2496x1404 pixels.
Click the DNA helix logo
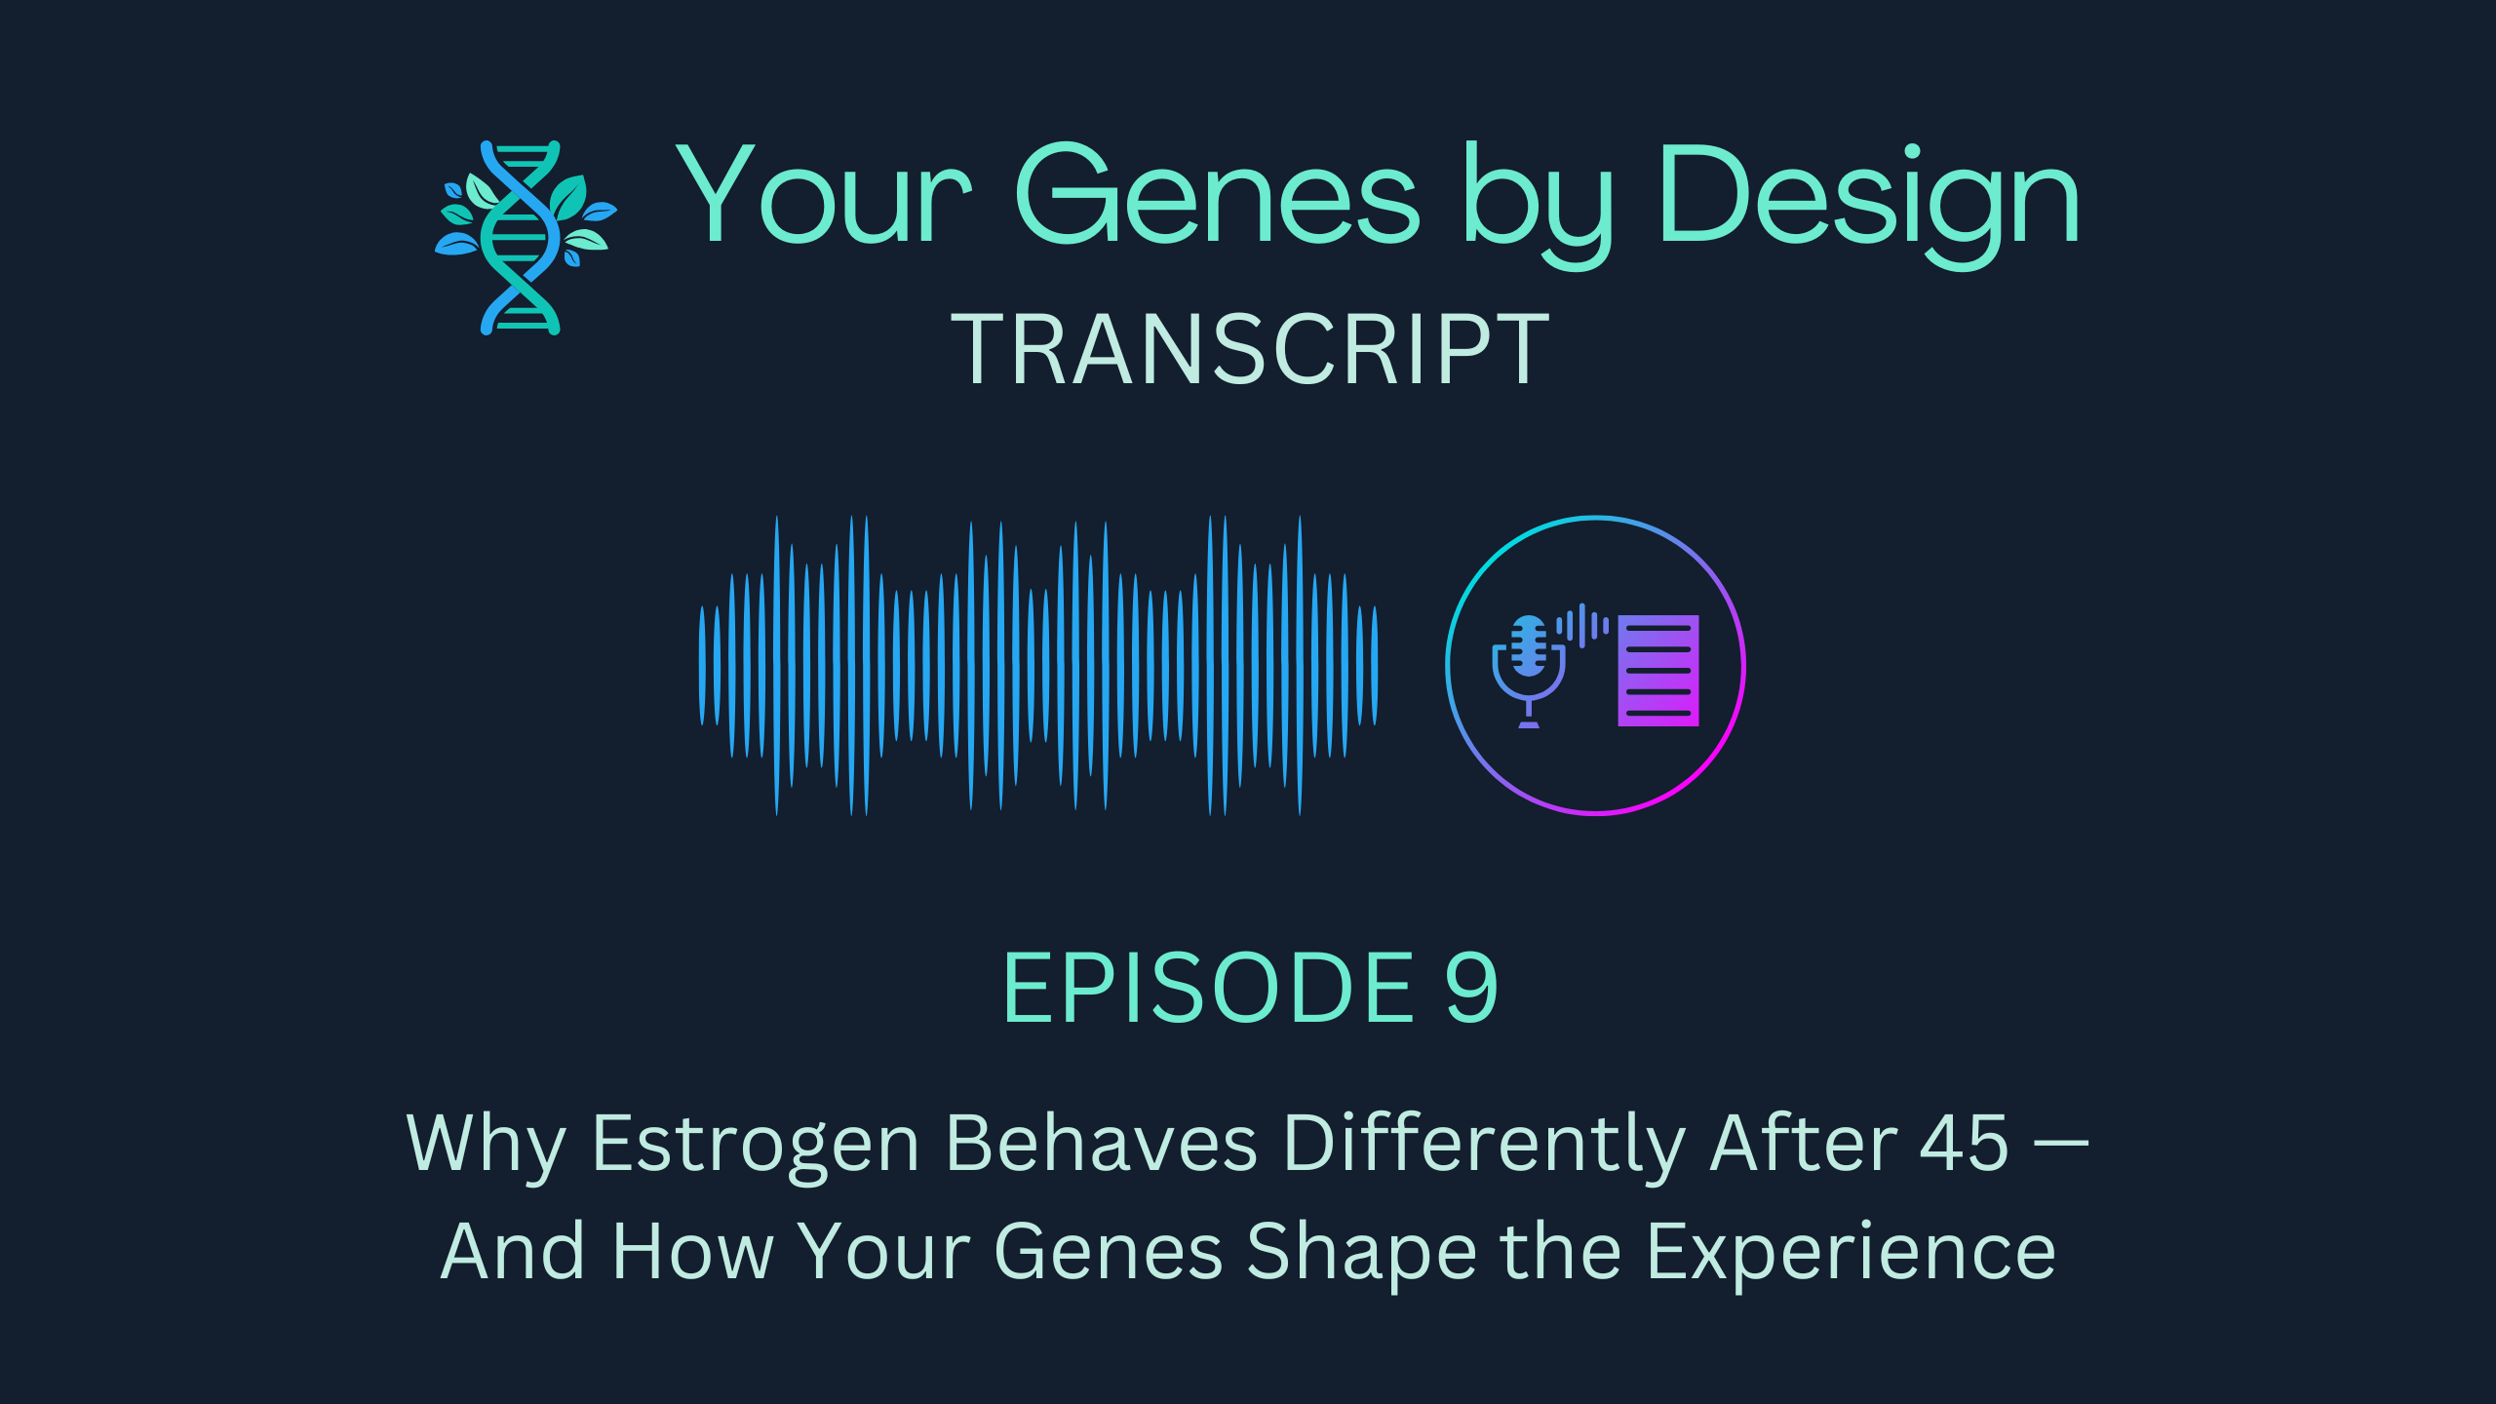(526, 238)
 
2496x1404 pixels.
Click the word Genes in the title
(1218, 194)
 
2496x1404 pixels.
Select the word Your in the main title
(824, 194)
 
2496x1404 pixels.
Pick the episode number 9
(1471, 989)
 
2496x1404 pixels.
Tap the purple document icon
(1658, 671)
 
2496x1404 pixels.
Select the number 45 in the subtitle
(1965, 1143)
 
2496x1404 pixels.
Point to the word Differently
(1483, 1146)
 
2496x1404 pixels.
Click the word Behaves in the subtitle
(1102, 1143)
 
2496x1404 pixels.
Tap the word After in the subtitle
(1803, 1142)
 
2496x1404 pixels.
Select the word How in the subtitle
(693, 1252)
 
